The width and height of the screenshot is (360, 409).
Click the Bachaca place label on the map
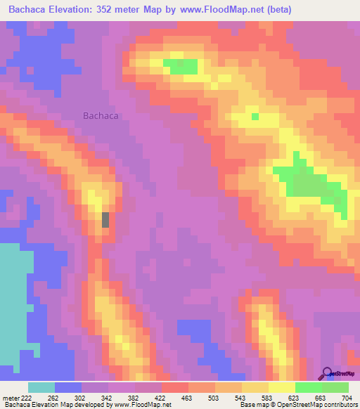(101, 116)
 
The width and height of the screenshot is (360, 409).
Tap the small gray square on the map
(106, 219)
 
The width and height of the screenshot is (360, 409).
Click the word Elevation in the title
(75, 10)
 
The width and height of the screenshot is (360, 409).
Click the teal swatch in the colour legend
(41, 387)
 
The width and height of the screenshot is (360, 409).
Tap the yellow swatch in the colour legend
(282, 387)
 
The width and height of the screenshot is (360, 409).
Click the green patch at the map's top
(181, 66)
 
